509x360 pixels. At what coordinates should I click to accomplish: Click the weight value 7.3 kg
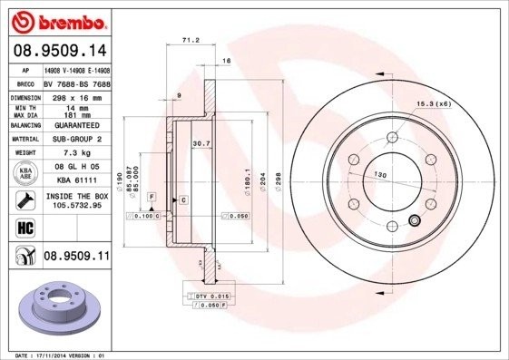(76, 154)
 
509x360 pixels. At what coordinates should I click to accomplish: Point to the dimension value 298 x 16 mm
(76, 95)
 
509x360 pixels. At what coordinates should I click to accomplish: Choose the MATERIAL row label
(24, 140)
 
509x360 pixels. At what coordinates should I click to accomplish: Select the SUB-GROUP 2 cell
(76, 140)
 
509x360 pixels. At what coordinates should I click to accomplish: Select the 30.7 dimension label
(201, 143)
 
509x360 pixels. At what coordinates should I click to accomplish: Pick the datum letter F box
(152, 196)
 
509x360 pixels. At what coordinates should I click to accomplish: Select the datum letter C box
(183, 199)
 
